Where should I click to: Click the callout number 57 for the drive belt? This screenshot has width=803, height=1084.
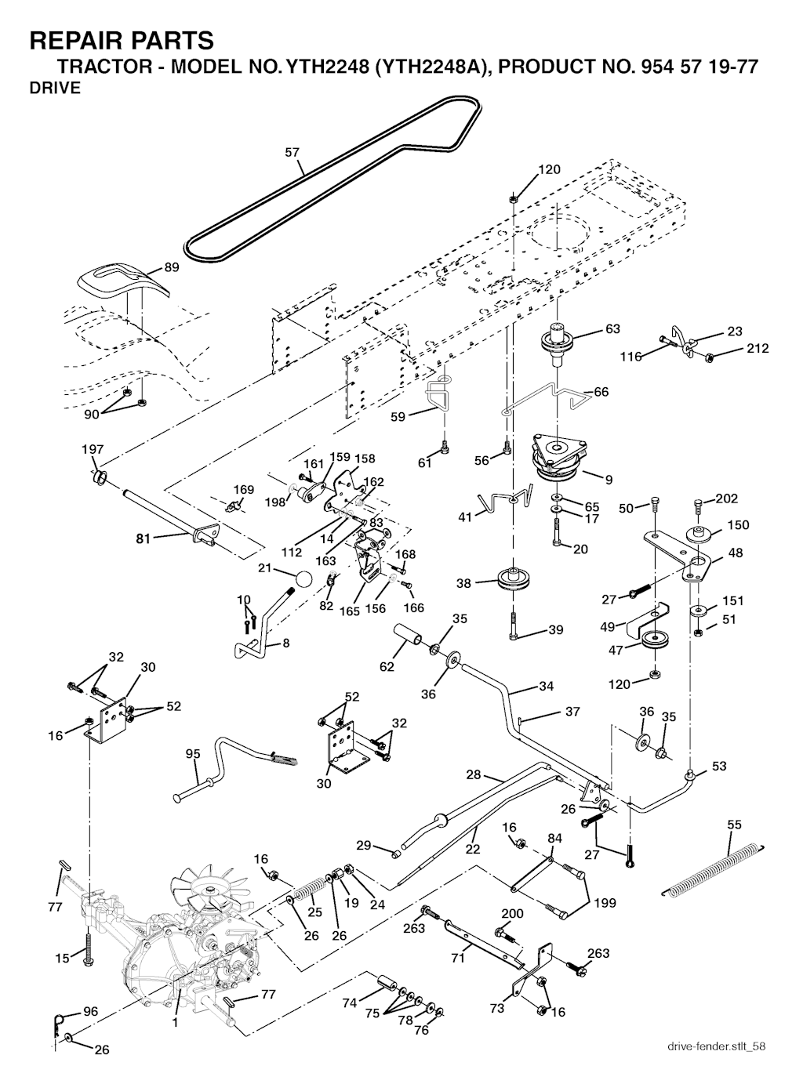coord(292,153)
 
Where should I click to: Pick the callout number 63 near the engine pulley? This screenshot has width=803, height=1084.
coord(612,329)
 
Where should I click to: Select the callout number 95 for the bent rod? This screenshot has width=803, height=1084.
coord(193,754)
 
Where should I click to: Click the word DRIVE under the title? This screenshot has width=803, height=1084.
coord(55,89)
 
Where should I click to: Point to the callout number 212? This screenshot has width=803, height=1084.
coord(758,349)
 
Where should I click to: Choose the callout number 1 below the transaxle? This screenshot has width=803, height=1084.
coord(175,1023)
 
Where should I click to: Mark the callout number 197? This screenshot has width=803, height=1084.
coord(93,449)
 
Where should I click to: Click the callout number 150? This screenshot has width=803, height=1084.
coord(739,525)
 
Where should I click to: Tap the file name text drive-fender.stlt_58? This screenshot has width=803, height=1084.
coord(717,1047)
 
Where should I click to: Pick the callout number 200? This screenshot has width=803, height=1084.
coord(512,914)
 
